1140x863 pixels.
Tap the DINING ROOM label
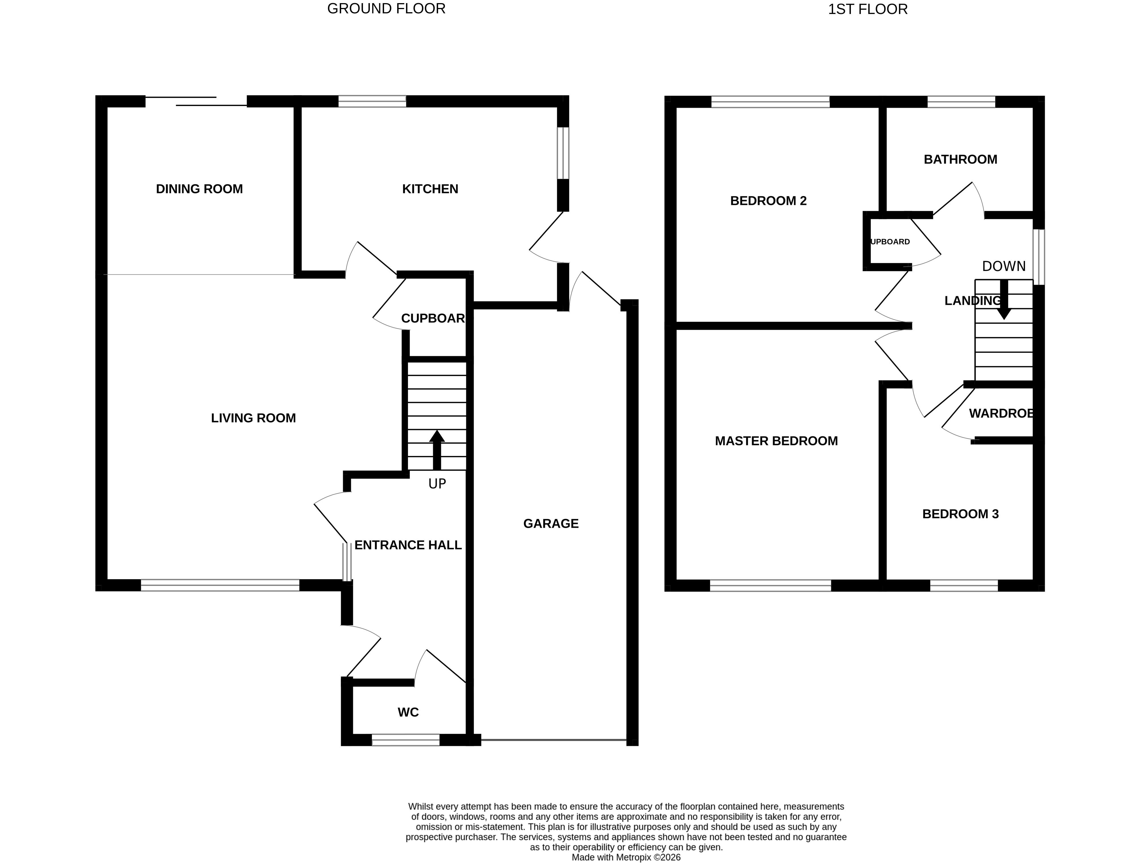[200, 189]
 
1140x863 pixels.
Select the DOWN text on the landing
[1004, 266]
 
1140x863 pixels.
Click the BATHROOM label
[960, 160]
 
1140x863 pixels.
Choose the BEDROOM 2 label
[768, 201]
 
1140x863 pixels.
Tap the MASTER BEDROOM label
[776, 441]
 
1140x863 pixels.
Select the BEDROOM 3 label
[960, 514]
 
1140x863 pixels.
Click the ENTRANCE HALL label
[408, 545]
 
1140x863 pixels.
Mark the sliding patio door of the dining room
[196, 101]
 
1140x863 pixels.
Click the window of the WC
[406, 740]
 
